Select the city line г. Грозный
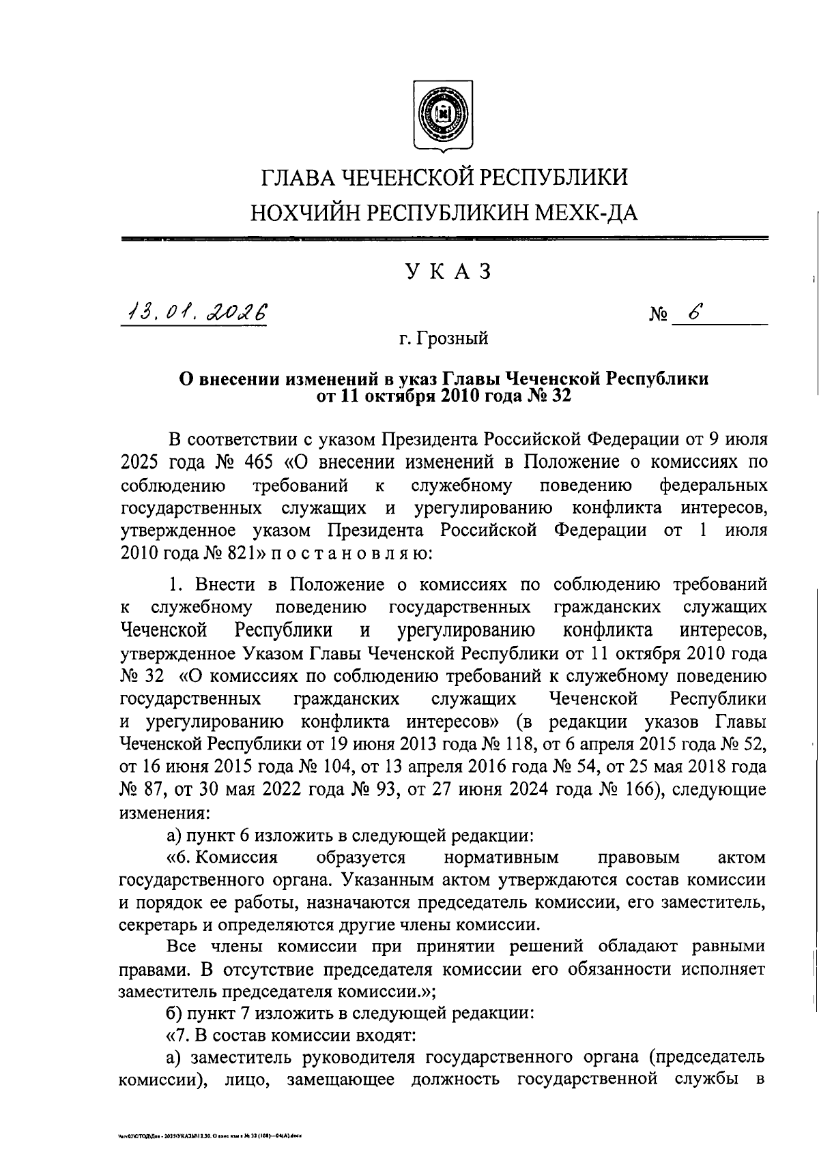tap(444, 338)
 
